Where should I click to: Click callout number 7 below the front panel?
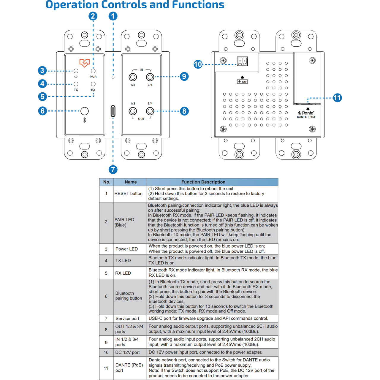[113, 170]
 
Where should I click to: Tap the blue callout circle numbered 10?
[198, 64]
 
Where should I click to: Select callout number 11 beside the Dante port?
[337, 98]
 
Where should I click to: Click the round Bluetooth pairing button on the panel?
[84, 111]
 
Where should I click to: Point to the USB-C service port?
[113, 111]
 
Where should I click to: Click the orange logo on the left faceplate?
[84, 63]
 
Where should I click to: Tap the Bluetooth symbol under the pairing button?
[84, 120]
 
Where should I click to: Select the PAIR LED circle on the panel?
[93, 71]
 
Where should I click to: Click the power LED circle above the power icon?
[76, 71]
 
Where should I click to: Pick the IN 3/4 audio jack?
[150, 77]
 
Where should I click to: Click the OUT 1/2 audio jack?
[132, 111]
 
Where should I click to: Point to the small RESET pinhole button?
[113, 77]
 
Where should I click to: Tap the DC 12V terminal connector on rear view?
[242, 61]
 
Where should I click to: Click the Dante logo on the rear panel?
[306, 113]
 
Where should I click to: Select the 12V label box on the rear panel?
[242, 82]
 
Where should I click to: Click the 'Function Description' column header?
[203, 182]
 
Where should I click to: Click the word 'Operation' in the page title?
[72, 5]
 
